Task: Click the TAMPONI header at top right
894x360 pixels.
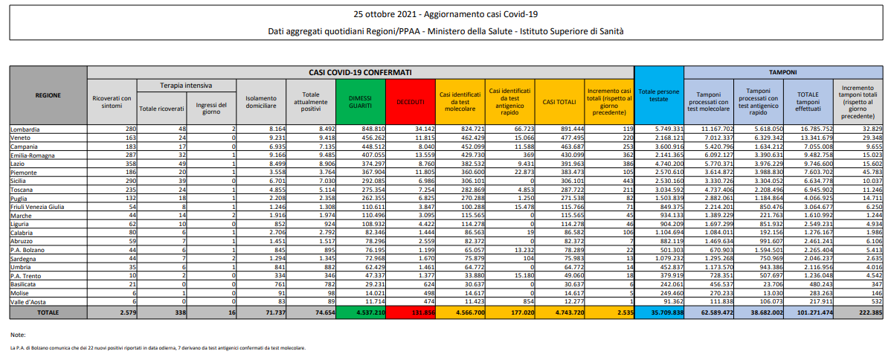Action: tap(783, 72)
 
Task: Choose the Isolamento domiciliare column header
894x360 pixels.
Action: tap(260, 102)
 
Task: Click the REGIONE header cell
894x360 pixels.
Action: tap(48, 95)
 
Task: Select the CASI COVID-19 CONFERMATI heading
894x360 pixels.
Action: tap(360, 72)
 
